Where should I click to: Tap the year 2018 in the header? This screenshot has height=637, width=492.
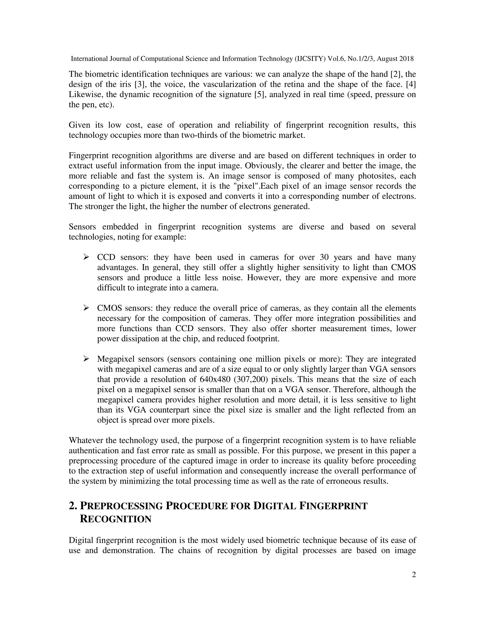[406, 59]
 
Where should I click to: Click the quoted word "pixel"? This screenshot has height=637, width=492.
[248, 186]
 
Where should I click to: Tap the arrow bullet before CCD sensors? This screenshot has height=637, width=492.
[86, 257]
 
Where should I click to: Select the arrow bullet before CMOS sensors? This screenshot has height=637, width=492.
[86, 308]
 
